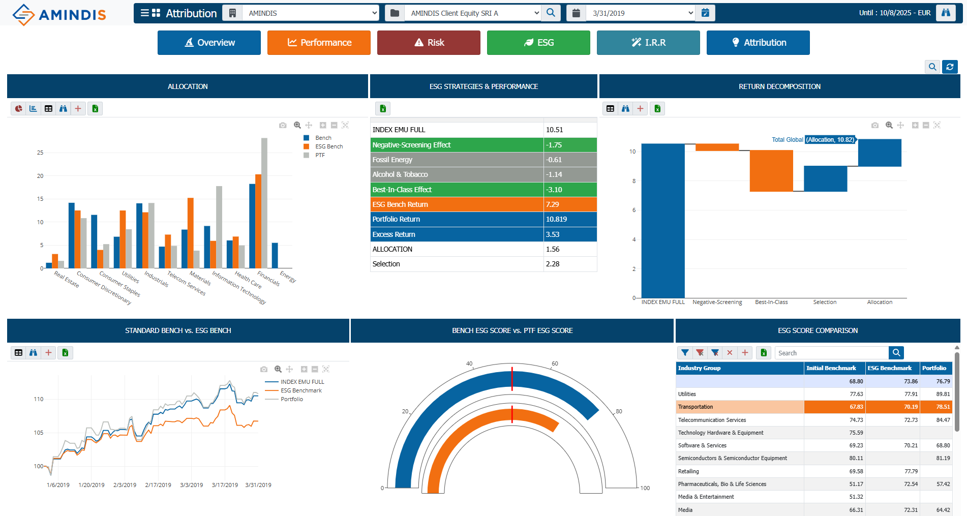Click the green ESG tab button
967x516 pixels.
click(x=538, y=43)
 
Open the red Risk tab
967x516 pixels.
click(x=429, y=43)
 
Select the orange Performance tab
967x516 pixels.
click(x=319, y=43)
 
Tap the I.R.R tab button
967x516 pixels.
click(x=648, y=43)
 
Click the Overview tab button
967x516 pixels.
click(x=209, y=43)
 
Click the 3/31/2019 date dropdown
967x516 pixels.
click(x=641, y=13)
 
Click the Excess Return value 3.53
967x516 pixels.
click(x=553, y=234)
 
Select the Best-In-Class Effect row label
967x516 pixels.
click(x=402, y=190)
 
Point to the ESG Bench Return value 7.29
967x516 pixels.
click(x=552, y=204)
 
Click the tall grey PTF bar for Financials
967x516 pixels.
click(x=264, y=203)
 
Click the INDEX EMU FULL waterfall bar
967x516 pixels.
click(x=663, y=221)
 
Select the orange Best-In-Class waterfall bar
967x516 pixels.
click(x=771, y=171)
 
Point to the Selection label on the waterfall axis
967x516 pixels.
click(x=825, y=302)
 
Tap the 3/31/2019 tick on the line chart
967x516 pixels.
click(x=258, y=485)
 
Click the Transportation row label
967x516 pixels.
click(x=696, y=407)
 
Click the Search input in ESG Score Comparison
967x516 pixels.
click(x=831, y=353)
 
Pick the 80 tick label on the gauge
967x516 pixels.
click(x=619, y=411)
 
